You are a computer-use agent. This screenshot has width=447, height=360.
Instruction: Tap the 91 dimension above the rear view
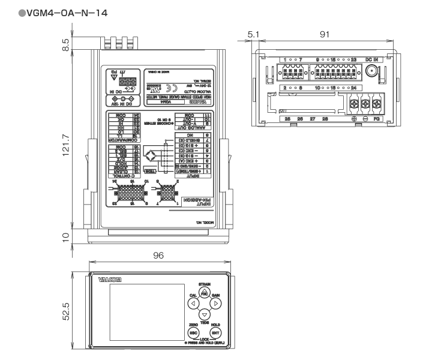tap(325, 35)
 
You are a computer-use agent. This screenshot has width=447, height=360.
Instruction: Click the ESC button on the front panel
tap(193, 331)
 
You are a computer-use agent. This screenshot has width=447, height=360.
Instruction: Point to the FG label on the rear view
tap(379, 119)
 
